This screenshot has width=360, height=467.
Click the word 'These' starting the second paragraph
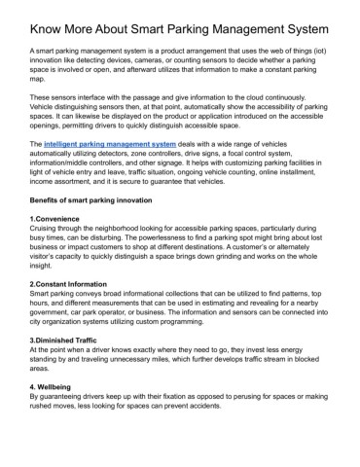[x=43, y=100]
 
